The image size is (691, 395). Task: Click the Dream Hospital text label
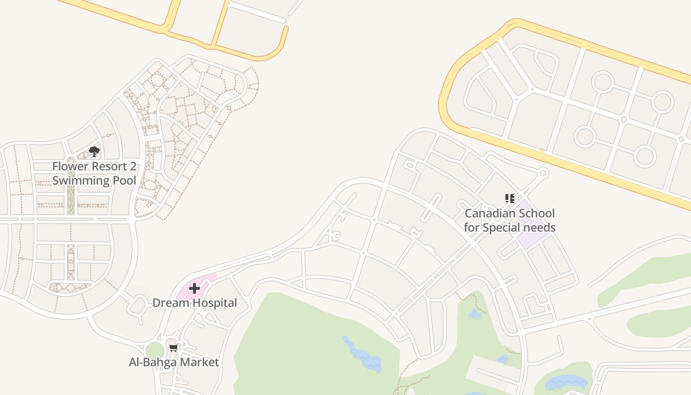pos(194,303)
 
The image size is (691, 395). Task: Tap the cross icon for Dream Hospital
pos(194,288)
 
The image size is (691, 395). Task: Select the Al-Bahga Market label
pos(174,362)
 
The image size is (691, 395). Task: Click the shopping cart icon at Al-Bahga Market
pos(173,348)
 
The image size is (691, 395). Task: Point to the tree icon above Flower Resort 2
pos(94,152)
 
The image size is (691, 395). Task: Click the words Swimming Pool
pos(94,180)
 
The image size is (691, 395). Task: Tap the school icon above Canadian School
pos(510,198)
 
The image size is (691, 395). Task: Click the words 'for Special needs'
pos(510,228)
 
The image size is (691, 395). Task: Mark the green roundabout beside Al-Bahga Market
pos(155,350)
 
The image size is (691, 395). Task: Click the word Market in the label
pos(200,362)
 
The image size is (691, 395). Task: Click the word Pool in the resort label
pos(124,180)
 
